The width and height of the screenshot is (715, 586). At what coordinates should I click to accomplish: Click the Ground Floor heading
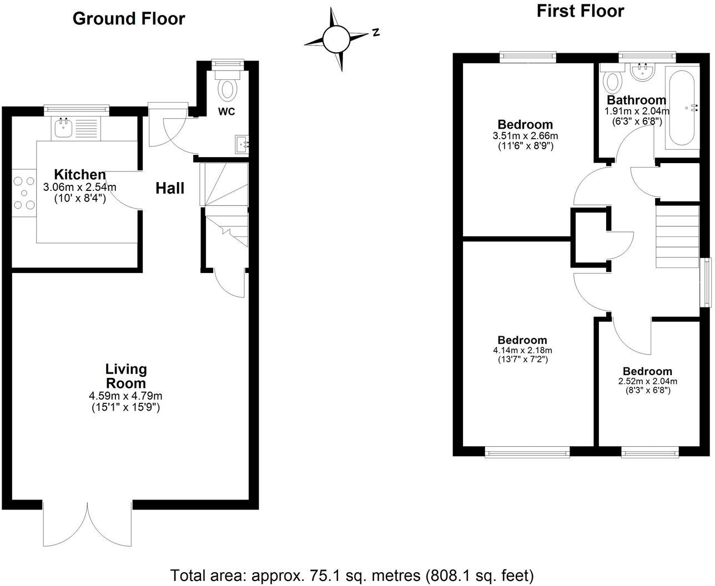coord(129,18)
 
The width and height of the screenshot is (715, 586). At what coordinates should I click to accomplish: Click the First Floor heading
coord(580,11)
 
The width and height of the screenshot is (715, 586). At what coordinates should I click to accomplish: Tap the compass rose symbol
coord(336,39)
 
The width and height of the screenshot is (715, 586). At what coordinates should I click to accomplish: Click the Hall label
coord(169,188)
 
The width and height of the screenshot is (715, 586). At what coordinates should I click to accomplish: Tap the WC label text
coord(226,112)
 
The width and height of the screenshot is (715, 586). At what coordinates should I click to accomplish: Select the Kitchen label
coord(79,174)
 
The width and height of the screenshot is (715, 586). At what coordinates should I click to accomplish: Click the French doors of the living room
coord(87,524)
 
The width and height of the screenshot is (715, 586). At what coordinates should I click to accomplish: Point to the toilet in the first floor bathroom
coord(612,81)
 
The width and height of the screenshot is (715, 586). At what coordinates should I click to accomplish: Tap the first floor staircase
coord(677,236)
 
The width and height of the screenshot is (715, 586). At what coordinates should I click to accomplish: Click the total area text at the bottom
coord(351,574)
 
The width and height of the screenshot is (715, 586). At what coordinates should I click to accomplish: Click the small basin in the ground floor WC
coord(243,144)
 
